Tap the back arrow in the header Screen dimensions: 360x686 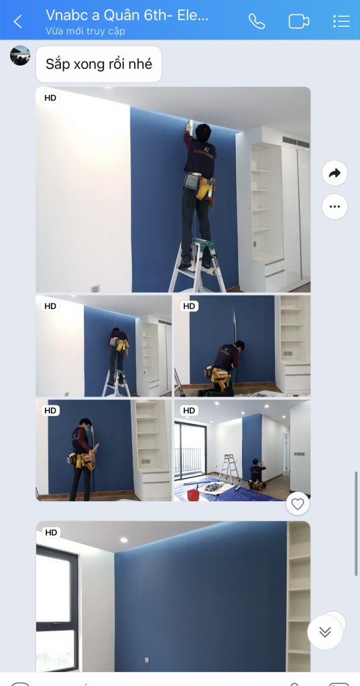pyautogui.click(x=17, y=21)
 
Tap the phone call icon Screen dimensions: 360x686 pyautogui.click(x=257, y=21)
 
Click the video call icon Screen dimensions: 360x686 pyautogui.click(x=299, y=21)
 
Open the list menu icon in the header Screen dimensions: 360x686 pyautogui.click(x=341, y=21)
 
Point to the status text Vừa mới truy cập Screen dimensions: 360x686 pyautogui.click(x=85, y=31)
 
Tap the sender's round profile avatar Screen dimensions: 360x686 pyautogui.click(x=20, y=56)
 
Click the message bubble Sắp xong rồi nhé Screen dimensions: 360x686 pyautogui.click(x=99, y=64)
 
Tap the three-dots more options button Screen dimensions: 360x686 pyautogui.click(x=335, y=206)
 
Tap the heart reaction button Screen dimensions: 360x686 pyautogui.click(x=298, y=504)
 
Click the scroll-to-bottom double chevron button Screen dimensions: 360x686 pyautogui.click(x=324, y=632)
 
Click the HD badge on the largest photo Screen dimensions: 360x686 pyautogui.click(x=50, y=98)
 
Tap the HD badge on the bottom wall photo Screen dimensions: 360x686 pyautogui.click(x=51, y=533)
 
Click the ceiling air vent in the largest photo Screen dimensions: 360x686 pyautogui.click(x=296, y=142)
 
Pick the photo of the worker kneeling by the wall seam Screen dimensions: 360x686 pyautogui.click(x=242, y=346)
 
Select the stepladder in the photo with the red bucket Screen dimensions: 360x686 pyautogui.click(x=229, y=468)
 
